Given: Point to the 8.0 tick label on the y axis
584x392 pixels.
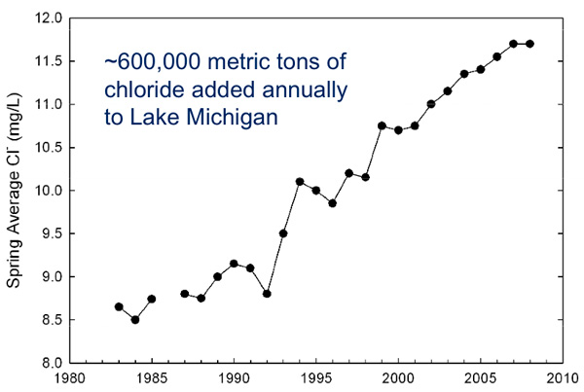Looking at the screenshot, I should (51, 363).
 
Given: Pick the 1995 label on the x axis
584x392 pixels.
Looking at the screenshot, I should (315, 379).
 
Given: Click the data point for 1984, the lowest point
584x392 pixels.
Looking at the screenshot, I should (135, 319).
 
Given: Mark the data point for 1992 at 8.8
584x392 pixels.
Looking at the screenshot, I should (267, 294).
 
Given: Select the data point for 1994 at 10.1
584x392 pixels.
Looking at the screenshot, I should (300, 182).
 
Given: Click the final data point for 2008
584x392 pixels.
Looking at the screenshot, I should (529, 44).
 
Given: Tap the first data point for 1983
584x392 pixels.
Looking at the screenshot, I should (119, 306).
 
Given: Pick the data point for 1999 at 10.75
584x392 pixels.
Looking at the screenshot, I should (382, 125).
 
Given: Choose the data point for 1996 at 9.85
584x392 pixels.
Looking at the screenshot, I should (332, 203).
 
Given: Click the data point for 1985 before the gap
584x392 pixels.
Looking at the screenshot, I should (152, 299).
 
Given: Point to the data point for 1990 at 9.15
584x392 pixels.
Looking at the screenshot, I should (234, 264).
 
